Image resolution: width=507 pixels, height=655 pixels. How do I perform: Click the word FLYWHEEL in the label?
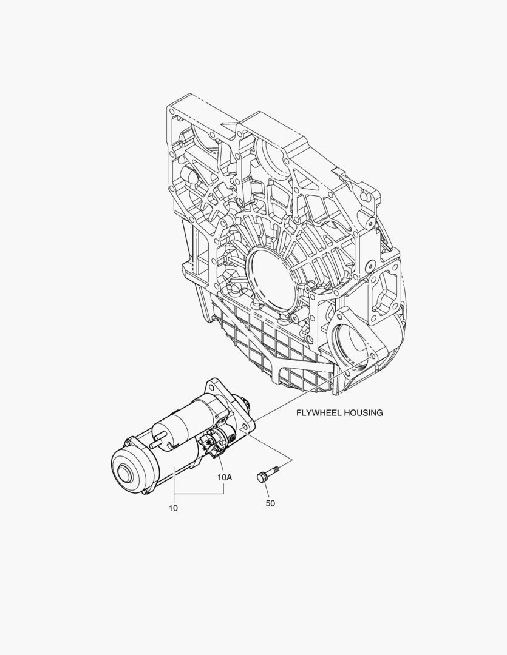point(319,413)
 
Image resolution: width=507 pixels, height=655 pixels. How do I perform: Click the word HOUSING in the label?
point(363,413)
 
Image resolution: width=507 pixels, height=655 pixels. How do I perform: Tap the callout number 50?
point(270,503)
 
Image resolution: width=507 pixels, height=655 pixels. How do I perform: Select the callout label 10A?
point(224,477)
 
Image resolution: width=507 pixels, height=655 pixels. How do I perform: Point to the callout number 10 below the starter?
point(173,508)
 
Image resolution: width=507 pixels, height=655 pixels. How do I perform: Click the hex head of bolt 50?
point(261,478)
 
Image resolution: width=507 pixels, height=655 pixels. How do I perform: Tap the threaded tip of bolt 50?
point(276,468)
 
